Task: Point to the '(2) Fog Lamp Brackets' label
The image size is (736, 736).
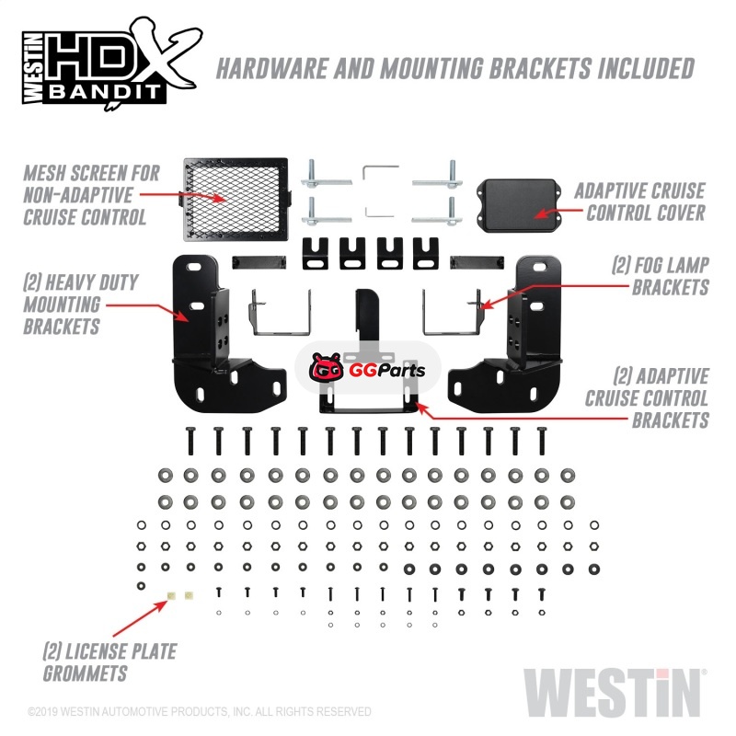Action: point(660,276)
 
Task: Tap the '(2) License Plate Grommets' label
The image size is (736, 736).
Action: point(109,662)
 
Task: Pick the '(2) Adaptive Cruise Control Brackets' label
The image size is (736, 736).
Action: point(647,398)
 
